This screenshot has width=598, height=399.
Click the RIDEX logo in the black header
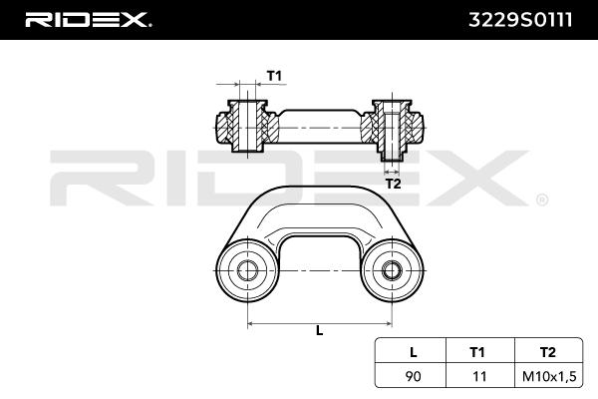pyautogui.click(x=88, y=20)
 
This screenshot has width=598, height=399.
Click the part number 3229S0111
pyautogui.click(x=520, y=20)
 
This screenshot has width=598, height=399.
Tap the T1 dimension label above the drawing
pyautogui.click(x=274, y=76)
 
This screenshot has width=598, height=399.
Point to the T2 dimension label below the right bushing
pyautogui.click(x=394, y=184)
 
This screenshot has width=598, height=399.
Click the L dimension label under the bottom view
pyautogui.click(x=320, y=330)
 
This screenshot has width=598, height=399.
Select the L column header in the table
pyautogui.click(x=413, y=352)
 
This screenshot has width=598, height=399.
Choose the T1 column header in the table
pyautogui.click(x=476, y=352)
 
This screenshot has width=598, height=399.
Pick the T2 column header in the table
pyautogui.click(x=547, y=352)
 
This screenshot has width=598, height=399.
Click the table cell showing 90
pyautogui.click(x=413, y=376)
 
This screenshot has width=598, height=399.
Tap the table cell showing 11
pyautogui.click(x=479, y=376)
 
